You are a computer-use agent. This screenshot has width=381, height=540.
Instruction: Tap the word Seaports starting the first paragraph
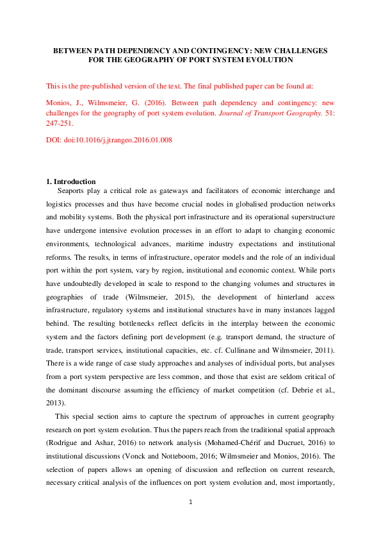(x=73, y=190)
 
